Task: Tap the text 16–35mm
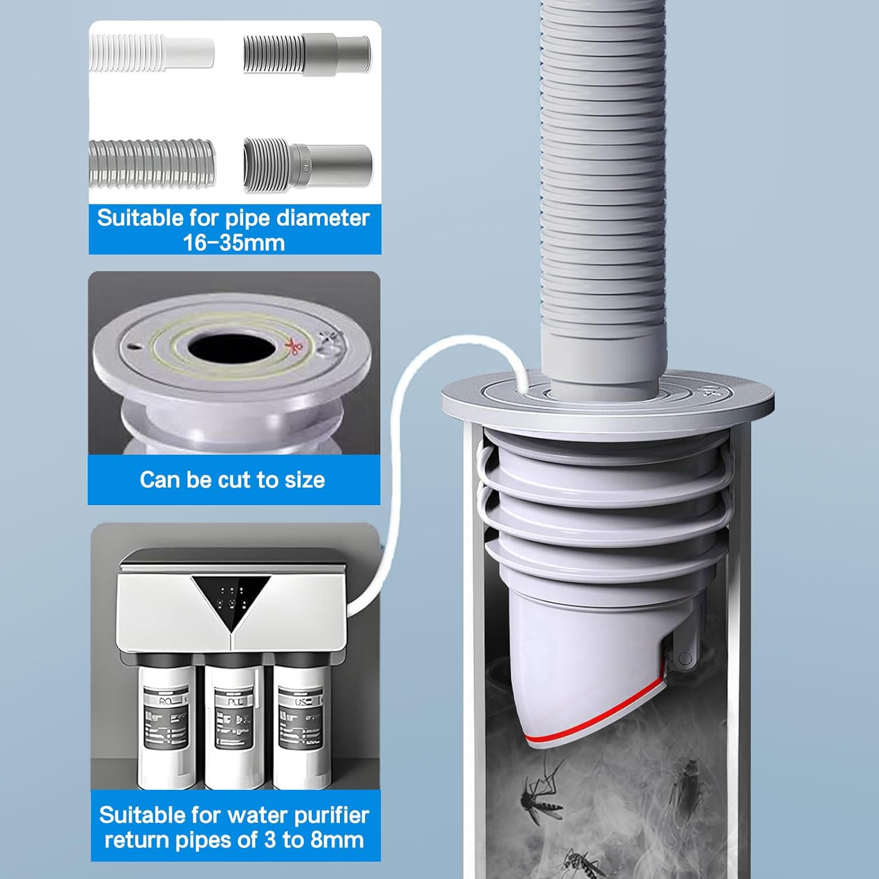point(234,243)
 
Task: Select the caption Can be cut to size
point(232,480)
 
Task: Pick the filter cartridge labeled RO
point(166,732)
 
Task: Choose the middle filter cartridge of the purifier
point(234,732)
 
